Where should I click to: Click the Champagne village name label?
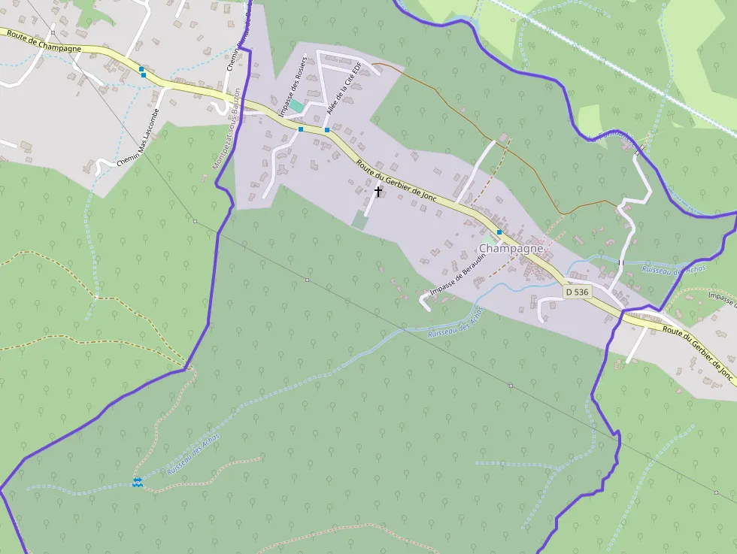coord(511,248)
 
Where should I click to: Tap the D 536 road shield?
coord(578,291)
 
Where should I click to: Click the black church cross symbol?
coord(378,191)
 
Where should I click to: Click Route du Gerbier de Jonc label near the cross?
coord(396,181)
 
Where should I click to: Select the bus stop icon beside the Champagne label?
coord(499,233)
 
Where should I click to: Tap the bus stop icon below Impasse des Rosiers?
coord(301,129)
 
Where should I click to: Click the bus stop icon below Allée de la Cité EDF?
coord(327,130)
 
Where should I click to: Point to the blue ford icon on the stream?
coord(137,482)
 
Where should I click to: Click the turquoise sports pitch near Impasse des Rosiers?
coord(297,107)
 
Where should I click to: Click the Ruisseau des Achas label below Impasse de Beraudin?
coord(455,324)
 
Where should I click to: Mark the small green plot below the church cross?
coord(360,219)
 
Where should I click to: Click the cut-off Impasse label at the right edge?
coord(722,299)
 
